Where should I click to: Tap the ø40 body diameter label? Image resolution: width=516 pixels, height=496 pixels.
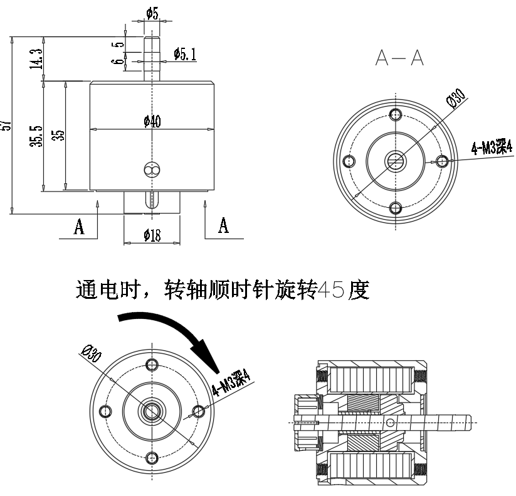click(x=152, y=122)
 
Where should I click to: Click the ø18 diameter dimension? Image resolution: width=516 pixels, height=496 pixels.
click(x=152, y=235)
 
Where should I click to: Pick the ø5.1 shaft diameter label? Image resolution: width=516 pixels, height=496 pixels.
click(x=184, y=55)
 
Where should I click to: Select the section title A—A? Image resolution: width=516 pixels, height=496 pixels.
click(x=399, y=58)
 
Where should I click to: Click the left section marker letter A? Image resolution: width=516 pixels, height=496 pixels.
click(x=79, y=227)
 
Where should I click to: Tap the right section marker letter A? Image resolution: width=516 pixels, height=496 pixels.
click(x=223, y=225)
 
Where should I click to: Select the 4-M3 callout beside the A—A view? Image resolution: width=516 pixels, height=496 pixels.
click(x=492, y=148)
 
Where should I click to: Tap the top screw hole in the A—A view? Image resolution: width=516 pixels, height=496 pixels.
click(x=395, y=114)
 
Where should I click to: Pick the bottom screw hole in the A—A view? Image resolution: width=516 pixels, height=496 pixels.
click(x=395, y=207)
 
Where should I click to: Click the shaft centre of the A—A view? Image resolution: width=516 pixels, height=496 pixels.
click(x=395, y=161)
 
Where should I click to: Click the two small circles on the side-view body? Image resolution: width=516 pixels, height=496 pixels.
click(x=152, y=170)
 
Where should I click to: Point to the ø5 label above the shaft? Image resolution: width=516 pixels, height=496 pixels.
click(x=152, y=12)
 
